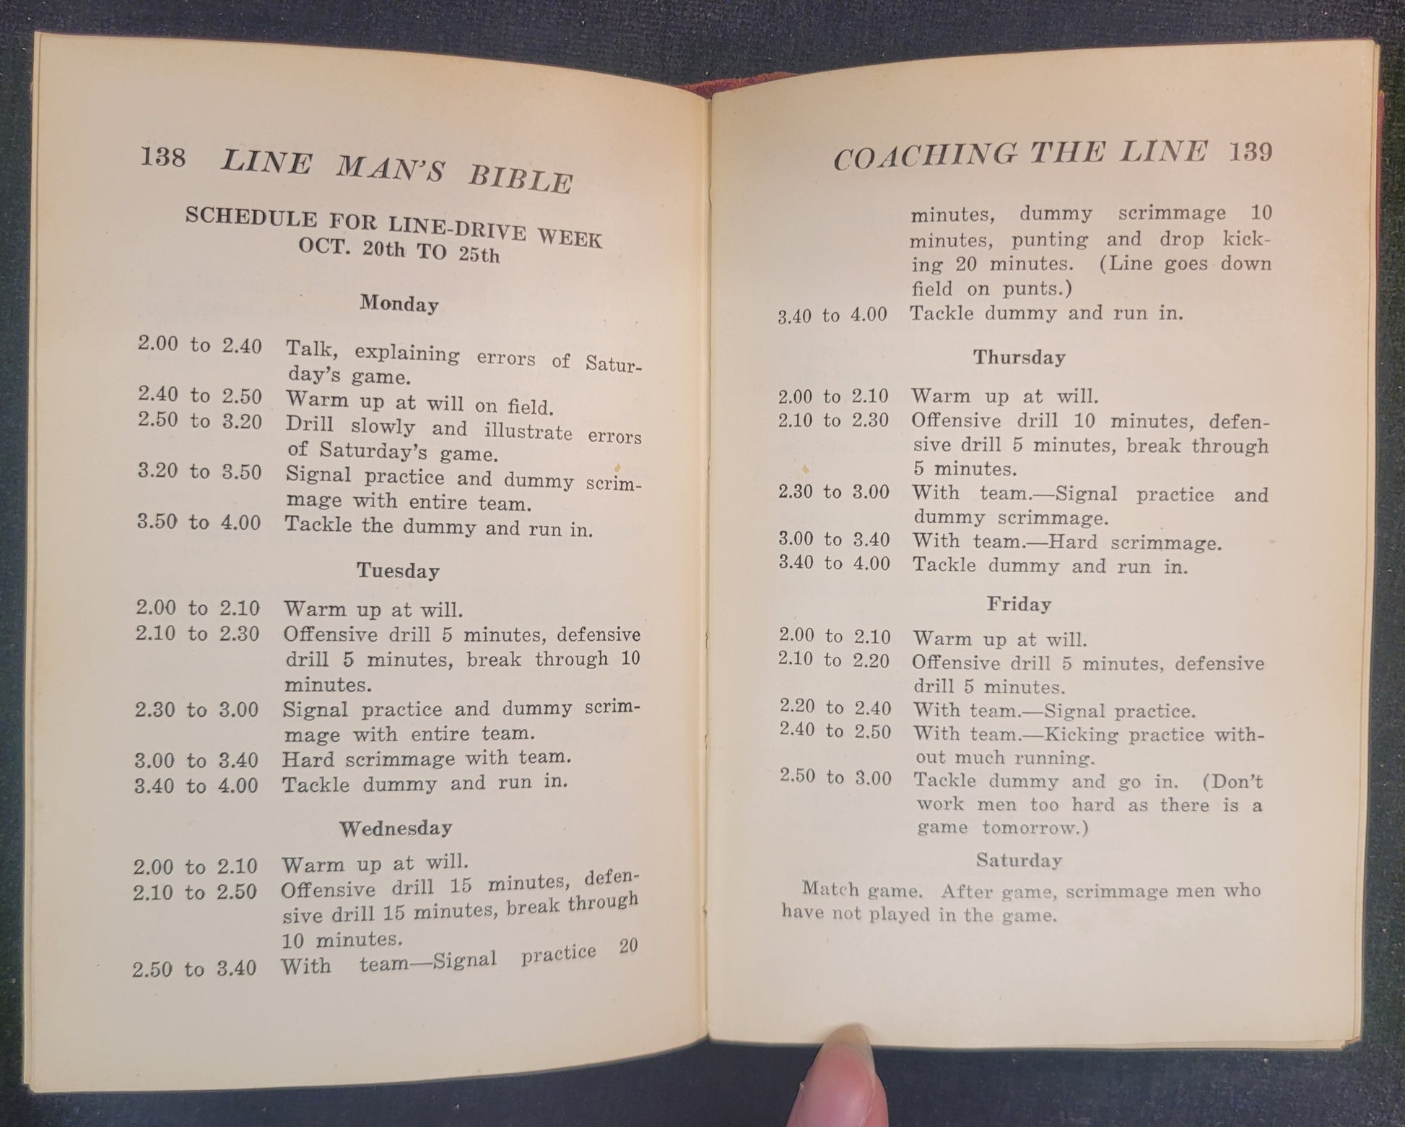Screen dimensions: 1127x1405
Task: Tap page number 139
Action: [x=1250, y=152]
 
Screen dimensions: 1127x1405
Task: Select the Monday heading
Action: [x=399, y=303]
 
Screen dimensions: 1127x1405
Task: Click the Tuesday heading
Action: [x=398, y=571]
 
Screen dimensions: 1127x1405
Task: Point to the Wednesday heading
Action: [x=396, y=828]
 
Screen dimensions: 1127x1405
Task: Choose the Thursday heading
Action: [x=1019, y=357]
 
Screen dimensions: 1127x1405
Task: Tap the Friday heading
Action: [x=1019, y=604]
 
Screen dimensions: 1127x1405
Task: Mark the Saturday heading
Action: [x=1019, y=860]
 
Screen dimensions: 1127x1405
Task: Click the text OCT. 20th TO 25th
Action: [x=399, y=249]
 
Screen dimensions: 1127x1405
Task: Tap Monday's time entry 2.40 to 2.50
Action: [x=200, y=395]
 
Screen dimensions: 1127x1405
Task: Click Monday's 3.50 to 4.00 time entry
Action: [x=199, y=522]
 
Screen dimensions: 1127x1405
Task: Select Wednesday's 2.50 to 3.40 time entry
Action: [x=194, y=968]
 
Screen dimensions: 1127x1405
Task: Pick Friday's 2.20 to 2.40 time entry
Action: [x=835, y=708]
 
